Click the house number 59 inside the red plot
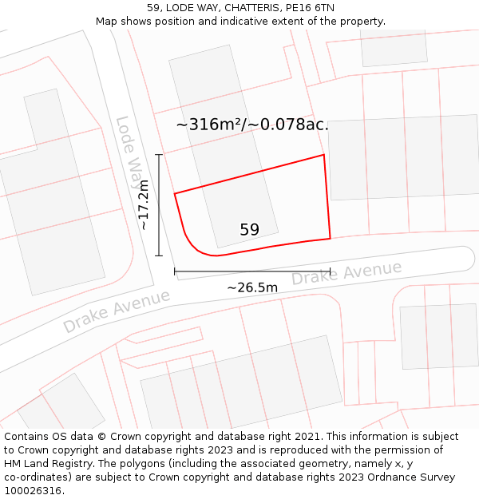point(249,230)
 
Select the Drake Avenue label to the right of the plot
point(346,273)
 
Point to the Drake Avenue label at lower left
point(117,311)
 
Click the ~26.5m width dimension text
point(252,287)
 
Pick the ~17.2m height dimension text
point(144,205)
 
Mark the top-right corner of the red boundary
point(324,155)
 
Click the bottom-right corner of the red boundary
point(330,238)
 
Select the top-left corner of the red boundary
point(175,193)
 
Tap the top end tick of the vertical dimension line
point(159,155)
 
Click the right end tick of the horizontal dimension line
point(330,271)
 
